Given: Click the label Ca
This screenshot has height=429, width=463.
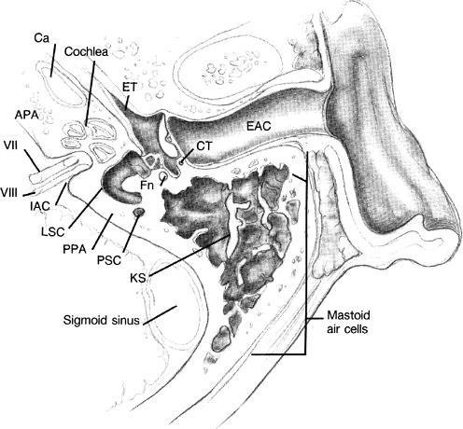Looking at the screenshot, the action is [x=41, y=39].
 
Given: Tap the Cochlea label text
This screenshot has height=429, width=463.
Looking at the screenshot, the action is [x=86, y=51].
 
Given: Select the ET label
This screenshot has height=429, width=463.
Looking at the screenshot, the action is [x=129, y=88].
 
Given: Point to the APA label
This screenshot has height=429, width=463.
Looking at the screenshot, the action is [x=27, y=115].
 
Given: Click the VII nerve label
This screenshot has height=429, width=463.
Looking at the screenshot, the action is [x=10, y=145].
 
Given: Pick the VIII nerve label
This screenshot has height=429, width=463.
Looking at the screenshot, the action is [x=8, y=193].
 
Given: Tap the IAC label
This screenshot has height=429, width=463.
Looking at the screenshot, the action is [x=40, y=206].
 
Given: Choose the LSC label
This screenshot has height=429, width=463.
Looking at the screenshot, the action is [x=53, y=231].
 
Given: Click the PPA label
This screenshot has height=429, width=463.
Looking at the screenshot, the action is [x=75, y=249].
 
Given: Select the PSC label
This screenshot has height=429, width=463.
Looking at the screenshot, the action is [x=109, y=260].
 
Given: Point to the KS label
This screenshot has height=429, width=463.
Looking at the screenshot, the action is [x=138, y=278].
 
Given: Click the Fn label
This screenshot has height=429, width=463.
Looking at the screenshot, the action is [x=147, y=186].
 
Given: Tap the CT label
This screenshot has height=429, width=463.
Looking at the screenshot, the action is [x=204, y=146].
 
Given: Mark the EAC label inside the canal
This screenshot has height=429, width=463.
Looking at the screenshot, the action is [x=259, y=126].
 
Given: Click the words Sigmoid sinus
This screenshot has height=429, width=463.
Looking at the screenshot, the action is [x=102, y=320].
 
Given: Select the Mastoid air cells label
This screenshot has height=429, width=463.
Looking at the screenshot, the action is [x=348, y=322].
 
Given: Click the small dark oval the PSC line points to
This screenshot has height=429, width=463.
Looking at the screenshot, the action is [x=139, y=213].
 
